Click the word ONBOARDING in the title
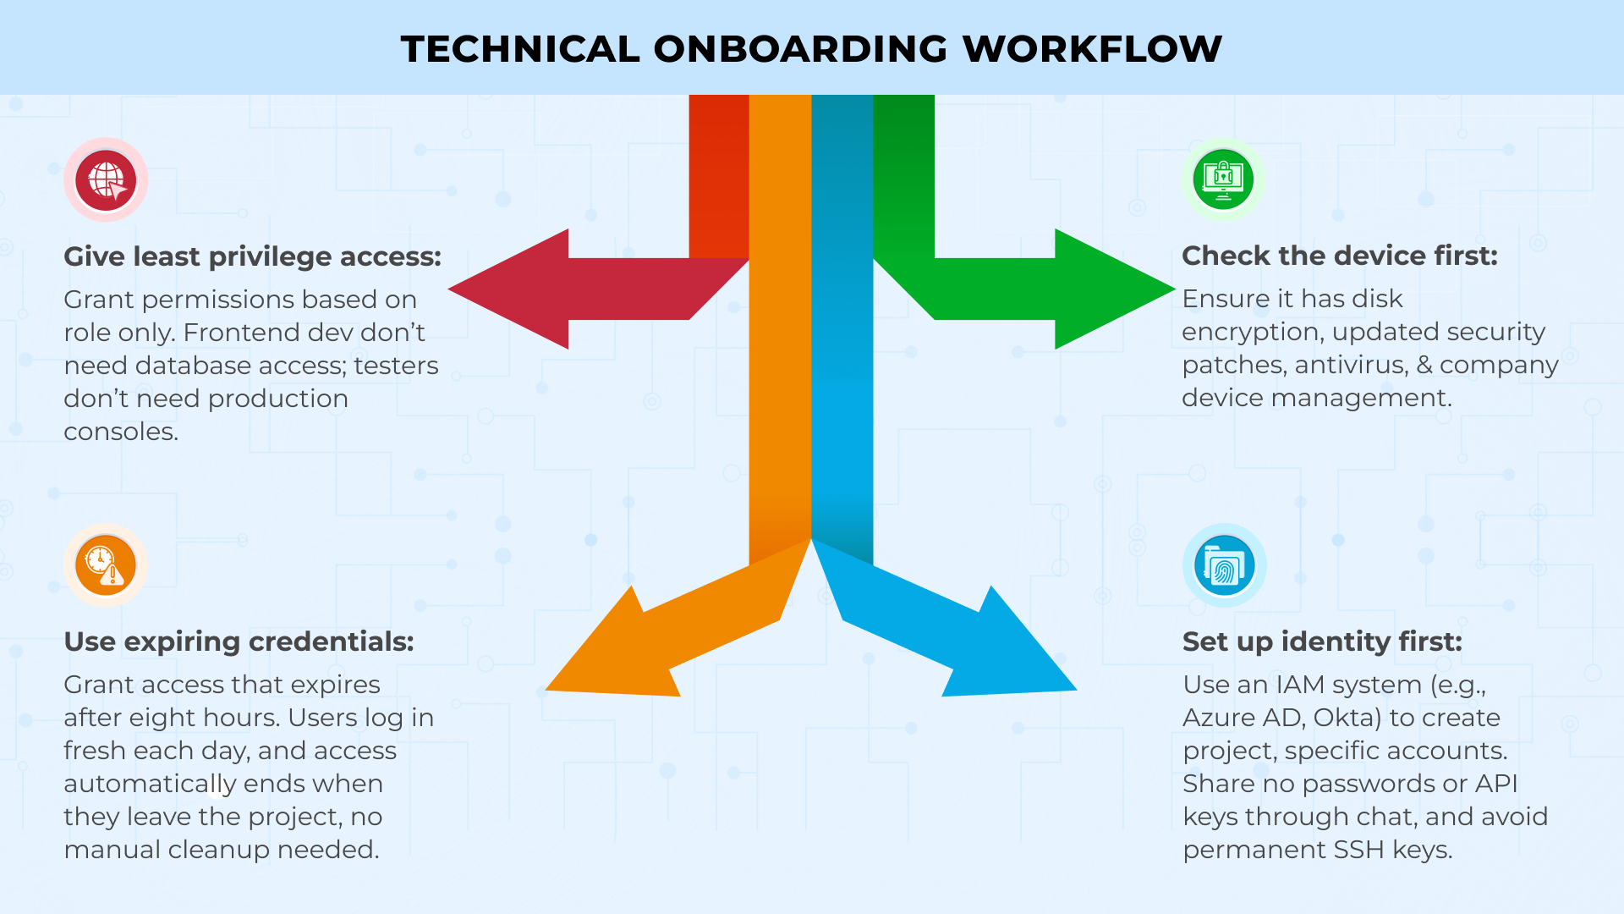coord(800,49)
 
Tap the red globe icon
coord(106,180)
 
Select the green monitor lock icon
coord(1223,179)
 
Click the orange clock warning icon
coord(106,565)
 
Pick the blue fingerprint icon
coord(1224,565)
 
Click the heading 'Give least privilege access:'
coord(252,256)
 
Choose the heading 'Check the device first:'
coord(1339,256)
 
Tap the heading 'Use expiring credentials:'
coord(239,641)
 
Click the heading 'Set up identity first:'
coord(1321,641)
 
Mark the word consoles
coord(121,432)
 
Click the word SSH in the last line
coord(1359,850)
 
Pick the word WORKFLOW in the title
coord(1093,49)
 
